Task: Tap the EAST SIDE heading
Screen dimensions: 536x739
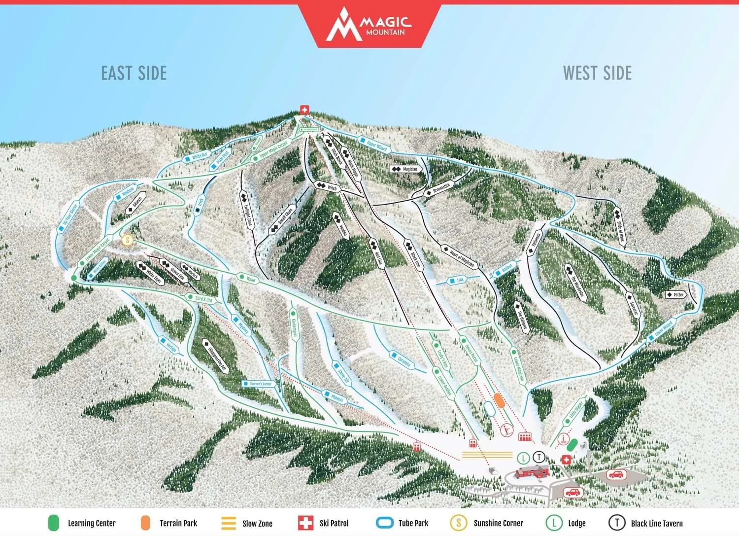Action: point(134,73)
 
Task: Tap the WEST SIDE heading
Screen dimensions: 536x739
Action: point(597,73)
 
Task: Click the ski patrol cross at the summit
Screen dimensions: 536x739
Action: point(304,110)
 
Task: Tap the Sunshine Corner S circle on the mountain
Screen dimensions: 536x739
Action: point(127,240)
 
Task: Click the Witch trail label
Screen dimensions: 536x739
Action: point(328,187)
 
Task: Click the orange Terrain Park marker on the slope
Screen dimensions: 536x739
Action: point(499,400)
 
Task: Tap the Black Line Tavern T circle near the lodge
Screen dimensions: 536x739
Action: point(539,457)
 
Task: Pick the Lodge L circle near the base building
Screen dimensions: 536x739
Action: point(523,459)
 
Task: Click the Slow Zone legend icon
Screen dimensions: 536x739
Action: point(229,523)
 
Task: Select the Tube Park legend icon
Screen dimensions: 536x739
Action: point(385,523)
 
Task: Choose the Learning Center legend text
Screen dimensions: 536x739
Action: point(92,523)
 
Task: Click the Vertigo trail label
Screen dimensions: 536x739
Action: point(168,344)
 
